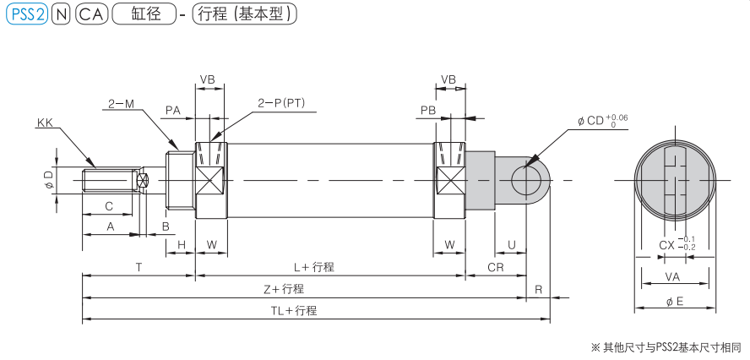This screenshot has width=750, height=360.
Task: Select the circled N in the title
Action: coord(61,14)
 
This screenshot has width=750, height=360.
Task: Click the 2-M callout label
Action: coord(121,104)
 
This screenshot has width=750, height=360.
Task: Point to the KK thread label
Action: coord(45,123)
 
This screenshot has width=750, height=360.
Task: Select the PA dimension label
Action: coord(173,110)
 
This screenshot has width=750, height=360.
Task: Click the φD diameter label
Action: coord(48,179)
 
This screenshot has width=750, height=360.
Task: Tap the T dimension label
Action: coord(139,266)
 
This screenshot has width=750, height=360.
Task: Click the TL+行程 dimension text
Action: coord(293,310)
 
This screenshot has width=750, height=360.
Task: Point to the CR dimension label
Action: coord(496,266)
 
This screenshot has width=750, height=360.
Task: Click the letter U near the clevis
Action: coord(512,246)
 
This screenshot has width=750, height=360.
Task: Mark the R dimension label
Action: coord(538,288)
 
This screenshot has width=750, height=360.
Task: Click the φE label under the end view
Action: coord(674,303)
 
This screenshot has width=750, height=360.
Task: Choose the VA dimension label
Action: coord(673,275)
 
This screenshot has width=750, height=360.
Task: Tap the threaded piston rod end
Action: coord(109,181)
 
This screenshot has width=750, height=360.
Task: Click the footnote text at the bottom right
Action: coord(666,347)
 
